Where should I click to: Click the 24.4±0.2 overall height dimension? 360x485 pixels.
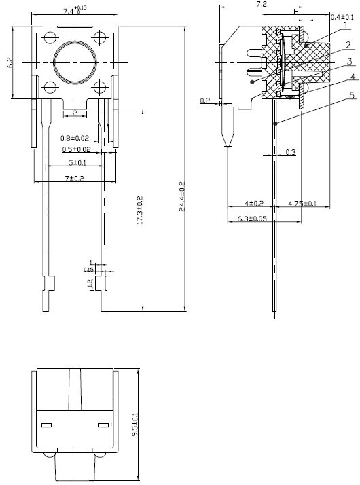[x=182, y=196]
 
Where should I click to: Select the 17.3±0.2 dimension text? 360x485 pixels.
[x=139, y=210]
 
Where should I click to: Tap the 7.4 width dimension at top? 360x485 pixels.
[x=75, y=10]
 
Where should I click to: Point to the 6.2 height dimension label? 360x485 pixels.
[x=10, y=62]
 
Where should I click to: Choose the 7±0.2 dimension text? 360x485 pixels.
[x=74, y=179]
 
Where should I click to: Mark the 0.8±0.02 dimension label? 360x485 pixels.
[x=75, y=138]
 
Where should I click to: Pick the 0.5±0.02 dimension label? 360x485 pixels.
[x=76, y=149]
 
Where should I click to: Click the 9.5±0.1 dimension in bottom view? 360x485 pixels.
[x=135, y=425]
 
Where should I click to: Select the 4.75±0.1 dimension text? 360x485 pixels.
[x=302, y=204]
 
